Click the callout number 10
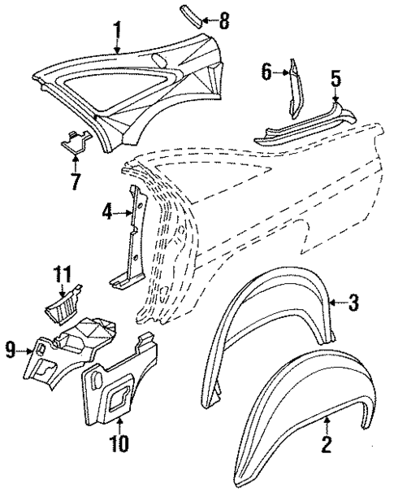(x=120, y=443)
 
